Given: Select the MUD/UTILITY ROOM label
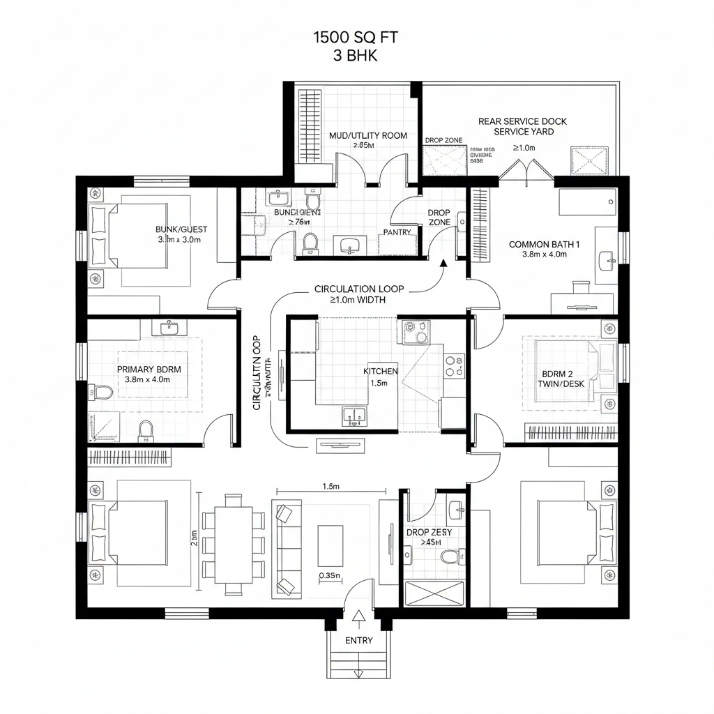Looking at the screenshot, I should click(x=367, y=136).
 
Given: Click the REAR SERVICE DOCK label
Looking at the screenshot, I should click(x=522, y=121).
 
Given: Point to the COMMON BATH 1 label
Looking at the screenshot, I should click(x=545, y=245).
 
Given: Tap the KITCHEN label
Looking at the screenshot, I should click(x=380, y=372).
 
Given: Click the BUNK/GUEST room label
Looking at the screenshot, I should click(x=181, y=229).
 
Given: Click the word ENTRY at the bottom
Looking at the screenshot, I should click(x=358, y=640).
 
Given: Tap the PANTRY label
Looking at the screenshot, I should click(x=397, y=232).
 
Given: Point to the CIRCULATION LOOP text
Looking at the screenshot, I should click(x=359, y=289).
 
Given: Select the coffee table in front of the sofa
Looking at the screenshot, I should click(x=330, y=545).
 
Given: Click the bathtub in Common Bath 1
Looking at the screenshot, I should click(x=587, y=202).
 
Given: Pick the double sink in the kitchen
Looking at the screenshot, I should click(x=356, y=416).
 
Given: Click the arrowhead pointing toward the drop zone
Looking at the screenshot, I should click(x=443, y=263).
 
